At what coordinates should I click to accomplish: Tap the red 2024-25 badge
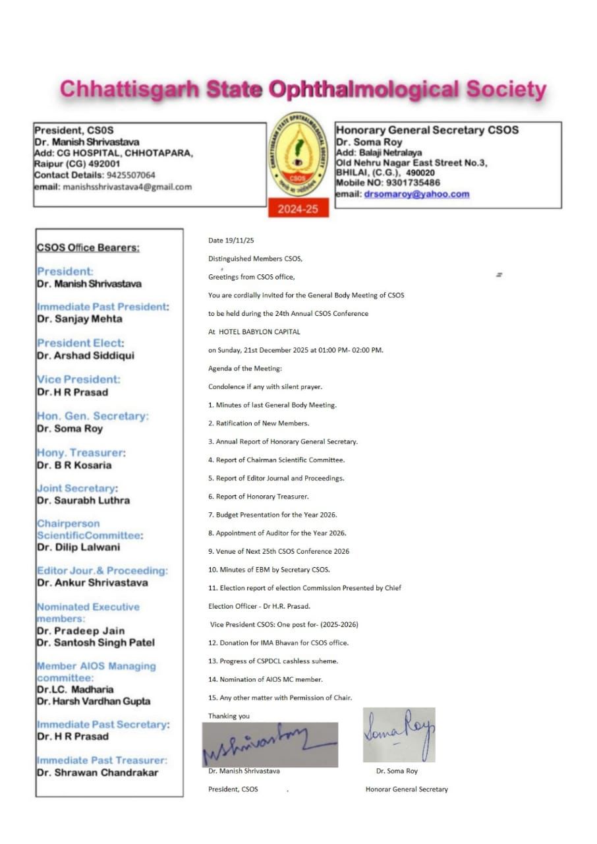298,210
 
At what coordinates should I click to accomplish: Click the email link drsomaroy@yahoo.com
416,194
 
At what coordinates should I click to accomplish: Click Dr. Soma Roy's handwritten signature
399,735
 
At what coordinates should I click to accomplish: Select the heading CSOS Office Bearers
88,247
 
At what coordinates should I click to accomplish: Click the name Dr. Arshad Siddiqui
85,355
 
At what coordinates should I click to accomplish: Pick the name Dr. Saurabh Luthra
83,500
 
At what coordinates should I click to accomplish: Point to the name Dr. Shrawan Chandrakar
98,772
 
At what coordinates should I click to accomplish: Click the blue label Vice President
78,379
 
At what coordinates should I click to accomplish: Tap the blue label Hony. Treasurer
81,452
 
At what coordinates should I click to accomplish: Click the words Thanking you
229,715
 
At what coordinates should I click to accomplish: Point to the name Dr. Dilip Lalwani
78,547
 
